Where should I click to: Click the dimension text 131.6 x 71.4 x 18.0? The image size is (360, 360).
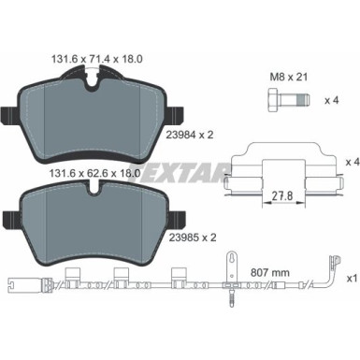[x=96, y=59]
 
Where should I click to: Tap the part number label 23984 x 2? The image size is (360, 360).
[x=190, y=135]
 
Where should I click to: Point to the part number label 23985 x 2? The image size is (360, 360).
[x=193, y=238]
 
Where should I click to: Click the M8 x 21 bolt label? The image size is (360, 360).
[x=288, y=77]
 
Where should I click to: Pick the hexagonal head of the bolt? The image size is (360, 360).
[x=273, y=100]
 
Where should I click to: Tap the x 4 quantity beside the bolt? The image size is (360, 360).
[x=331, y=101]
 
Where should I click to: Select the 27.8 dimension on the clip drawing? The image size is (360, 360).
[x=282, y=196]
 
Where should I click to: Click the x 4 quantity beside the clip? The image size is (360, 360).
[x=353, y=162]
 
